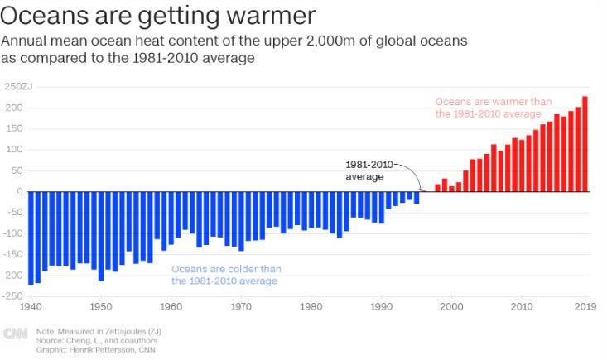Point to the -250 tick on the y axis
coord(14,296)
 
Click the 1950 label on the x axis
coord(100,307)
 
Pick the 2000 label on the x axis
coord(451,307)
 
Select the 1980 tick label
coord(311,307)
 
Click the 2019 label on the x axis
coord(585,307)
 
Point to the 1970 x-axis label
coord(241,307)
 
